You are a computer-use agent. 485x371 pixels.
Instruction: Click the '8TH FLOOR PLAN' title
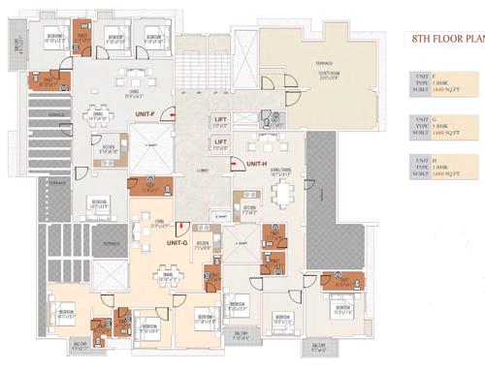pyautogui.click(x=443, y=40)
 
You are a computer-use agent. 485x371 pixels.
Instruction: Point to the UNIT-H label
pyautogui.click(x=256, y=164)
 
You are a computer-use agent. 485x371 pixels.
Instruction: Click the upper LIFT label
pyautogui.click(x=221, y=119)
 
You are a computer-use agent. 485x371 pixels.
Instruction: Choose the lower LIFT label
pyautogui.click(x=221, y=143)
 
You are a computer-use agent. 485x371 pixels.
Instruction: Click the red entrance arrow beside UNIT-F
pyautogui.click(x=170, y=114)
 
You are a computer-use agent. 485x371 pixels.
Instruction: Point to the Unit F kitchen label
pyautogui.click(x=109, y=151)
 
